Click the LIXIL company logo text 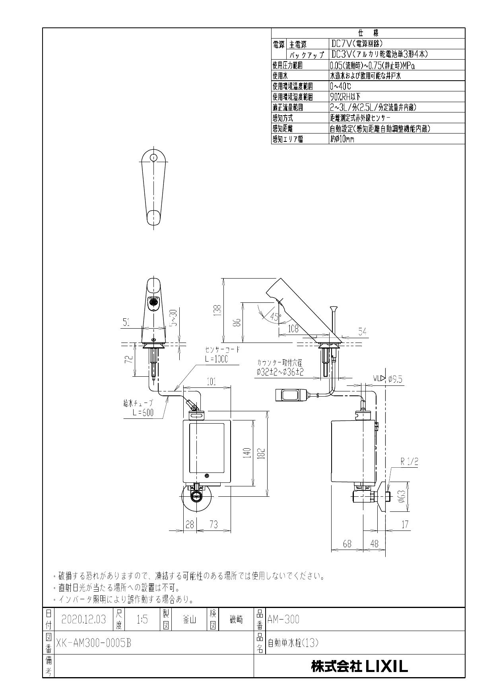(359, 666)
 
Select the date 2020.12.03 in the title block (83, 619)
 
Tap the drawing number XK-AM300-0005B (93, 643)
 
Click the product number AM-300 (283, 619)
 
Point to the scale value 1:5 (142, 619)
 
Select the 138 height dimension (217, 311)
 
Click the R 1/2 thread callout (409, 462)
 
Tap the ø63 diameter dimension (402, 496)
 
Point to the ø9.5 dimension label (395, 379)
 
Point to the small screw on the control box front (206, 476)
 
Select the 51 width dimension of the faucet (126, 323)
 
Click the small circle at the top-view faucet (153, 158)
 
